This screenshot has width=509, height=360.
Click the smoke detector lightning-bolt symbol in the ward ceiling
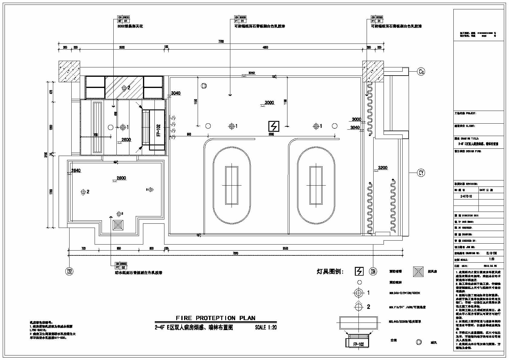click(x=274, y=126)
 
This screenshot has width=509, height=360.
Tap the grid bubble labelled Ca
click(x=421, y=72)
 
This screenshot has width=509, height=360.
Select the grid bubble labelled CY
click(x=421, y=173)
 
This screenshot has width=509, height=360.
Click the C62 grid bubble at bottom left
click(x=70, y=271)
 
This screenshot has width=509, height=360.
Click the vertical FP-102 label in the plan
click(x=158, y=130)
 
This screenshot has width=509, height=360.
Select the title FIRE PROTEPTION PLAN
click(x=216, y=318)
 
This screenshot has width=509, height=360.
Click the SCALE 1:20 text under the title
click(x=266, y=327)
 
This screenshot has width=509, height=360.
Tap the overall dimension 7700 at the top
click(x=221, y=41)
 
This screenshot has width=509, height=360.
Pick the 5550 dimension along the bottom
click(x=285, y=248)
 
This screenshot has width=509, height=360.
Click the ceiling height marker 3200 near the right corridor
click(x=383, y=168)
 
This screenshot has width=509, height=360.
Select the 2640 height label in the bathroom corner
click(x=76, y=170)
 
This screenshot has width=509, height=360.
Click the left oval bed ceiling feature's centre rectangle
click(x=232, y=185)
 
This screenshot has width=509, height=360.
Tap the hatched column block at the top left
click(x=69, y=71)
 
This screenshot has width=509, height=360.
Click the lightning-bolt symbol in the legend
click(x=359, y=271)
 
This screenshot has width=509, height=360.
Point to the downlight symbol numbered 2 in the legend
click(x=358, y=307)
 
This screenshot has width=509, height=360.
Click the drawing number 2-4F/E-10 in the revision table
click(x=466, y=196)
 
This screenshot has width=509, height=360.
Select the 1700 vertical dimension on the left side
click(x=51, y=192)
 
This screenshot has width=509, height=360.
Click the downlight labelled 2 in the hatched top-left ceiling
click(x=124, y=88)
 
